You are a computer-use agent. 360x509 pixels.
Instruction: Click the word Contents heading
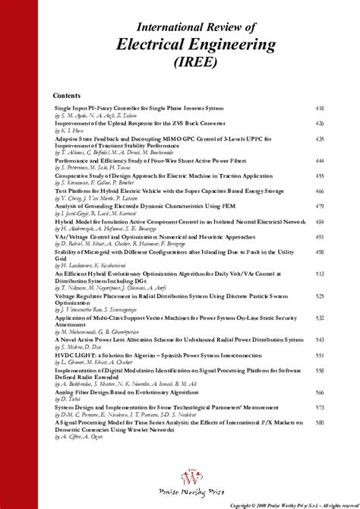tap(69, 96)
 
